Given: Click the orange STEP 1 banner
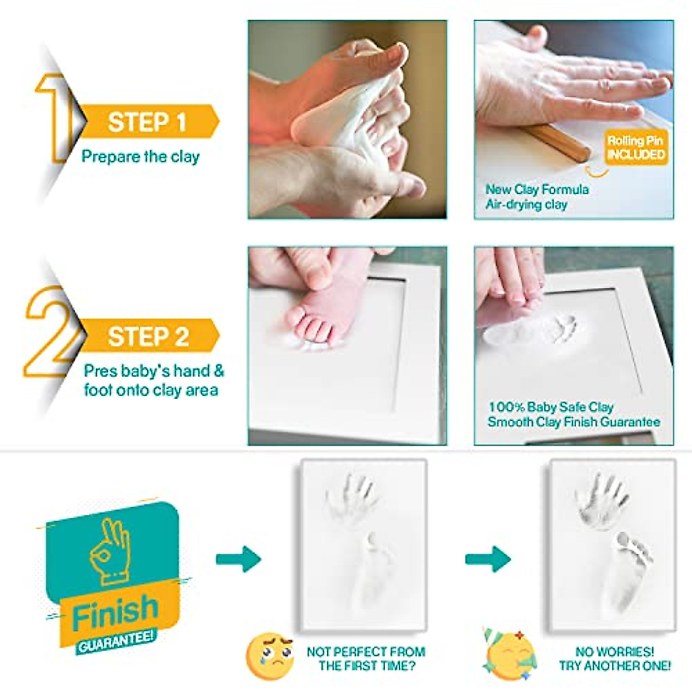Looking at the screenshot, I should click(148, 122).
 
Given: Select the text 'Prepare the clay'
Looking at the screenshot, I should click(140, 156).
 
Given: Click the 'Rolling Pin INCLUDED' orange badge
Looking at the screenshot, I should click(636, 148).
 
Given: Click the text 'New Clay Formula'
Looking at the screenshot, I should click(537, 189).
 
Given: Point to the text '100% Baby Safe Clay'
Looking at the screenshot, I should click(551, 407).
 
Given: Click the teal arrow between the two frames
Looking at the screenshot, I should click(488, 559).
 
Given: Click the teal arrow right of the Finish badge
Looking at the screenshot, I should click(238, 559).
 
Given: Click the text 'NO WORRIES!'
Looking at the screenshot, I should click(615, 652).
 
